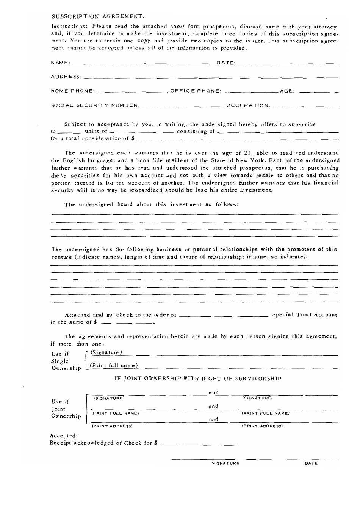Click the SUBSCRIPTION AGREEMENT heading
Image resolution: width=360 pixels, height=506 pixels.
98,16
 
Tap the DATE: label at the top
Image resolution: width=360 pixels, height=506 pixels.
226,63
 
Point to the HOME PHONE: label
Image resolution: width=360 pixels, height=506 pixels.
72,91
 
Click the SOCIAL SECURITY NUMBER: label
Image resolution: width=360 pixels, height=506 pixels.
95,105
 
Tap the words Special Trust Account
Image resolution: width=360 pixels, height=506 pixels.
305,314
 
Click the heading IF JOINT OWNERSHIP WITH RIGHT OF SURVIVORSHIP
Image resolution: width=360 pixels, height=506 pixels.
198,379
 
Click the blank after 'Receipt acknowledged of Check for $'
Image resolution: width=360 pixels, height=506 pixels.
199,443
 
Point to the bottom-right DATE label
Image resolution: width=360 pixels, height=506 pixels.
311,463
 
